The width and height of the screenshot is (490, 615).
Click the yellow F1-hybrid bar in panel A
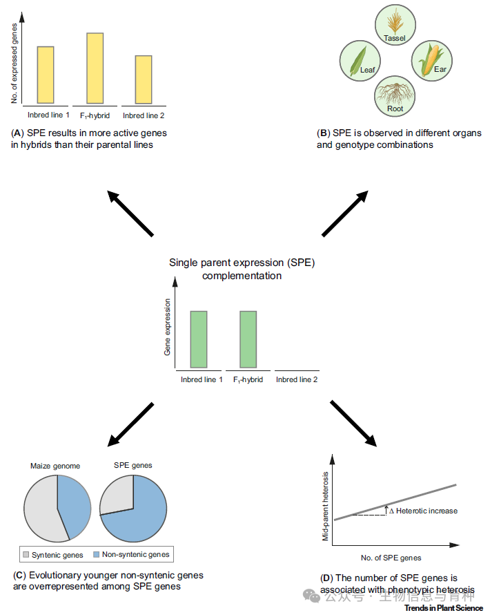click(x=95, y=68)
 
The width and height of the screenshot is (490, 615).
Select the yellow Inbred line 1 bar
click(x=46, y=75)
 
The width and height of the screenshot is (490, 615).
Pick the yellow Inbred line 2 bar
click(x=144, y=79)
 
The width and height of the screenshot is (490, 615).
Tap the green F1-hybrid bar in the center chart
click(x=248, y=339)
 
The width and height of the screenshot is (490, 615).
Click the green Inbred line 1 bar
click(x=199, y=339)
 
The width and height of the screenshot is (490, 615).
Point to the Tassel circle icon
click(x=395, y=25)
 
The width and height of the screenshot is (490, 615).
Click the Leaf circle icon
click(x=358, y=60)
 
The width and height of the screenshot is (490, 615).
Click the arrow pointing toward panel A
click(x=130, y=214)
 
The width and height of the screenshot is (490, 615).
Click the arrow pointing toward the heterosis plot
click(x=353, y=423)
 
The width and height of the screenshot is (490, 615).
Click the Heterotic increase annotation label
click(x=423, y=511)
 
